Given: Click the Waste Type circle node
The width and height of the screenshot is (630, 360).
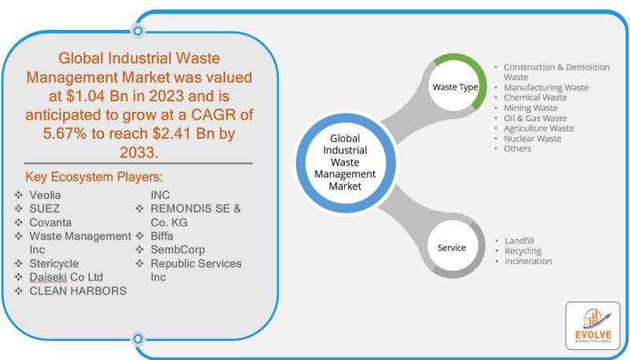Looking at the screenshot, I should point(454,86).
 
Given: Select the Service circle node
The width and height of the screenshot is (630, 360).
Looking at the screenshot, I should point(451,247).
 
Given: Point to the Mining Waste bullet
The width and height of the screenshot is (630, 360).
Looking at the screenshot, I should point(530,108).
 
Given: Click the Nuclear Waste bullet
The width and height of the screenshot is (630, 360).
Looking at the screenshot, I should point(532,139).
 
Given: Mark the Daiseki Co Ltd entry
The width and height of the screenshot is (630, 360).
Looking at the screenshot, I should point(67,277).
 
